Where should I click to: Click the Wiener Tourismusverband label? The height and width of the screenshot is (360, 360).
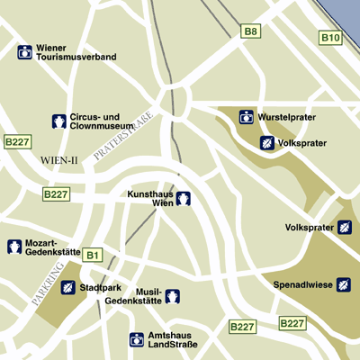point(76,51)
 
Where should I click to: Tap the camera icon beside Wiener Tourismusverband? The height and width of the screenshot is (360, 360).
point(24,52)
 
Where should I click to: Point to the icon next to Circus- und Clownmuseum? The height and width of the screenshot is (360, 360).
point(58,121)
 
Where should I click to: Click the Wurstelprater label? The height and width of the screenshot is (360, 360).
point(286,118)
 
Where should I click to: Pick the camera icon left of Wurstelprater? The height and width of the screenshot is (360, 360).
point(246,117)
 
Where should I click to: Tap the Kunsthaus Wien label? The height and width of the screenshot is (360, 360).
point(149,198)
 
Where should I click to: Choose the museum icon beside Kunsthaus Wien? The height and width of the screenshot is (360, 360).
point(183,198)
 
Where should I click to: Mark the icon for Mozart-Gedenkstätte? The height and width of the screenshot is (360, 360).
point(14,247)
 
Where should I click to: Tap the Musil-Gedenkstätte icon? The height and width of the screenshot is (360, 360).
point(172,295)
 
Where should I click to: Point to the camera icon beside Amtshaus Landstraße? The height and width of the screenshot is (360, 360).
point(136,339)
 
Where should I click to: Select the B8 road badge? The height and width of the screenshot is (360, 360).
point(251,32)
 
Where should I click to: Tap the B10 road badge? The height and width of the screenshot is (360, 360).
point(331,38)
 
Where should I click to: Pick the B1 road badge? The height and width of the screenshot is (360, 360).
point(92,256)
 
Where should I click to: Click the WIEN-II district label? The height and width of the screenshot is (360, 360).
point(59,159)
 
